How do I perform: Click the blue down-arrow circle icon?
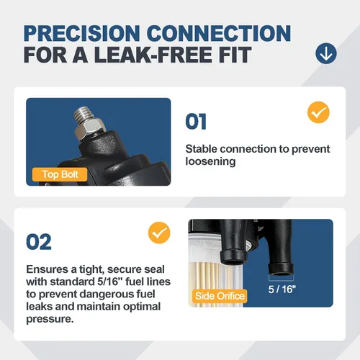(x=326, y=53)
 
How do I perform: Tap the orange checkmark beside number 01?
(x=318, y=112)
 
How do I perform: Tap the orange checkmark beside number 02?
(x=159, y=233)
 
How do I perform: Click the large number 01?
(x=196, y=122)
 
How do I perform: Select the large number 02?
(x=39, y=242)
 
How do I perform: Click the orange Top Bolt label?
(x=60, y=174)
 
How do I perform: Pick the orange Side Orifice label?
(x=220, y=296)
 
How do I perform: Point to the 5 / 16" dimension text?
(x=282, y=289)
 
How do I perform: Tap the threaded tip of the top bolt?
(x=84, y=114)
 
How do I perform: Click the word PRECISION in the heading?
(x=81, y=33)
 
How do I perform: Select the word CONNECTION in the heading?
(x=219, y=33)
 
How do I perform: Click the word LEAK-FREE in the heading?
(x=153, y=55)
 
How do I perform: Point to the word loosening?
(x=210, y=161)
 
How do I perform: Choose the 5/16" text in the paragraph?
(x=110, y=282)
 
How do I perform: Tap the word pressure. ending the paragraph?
(x=50, y=319)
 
